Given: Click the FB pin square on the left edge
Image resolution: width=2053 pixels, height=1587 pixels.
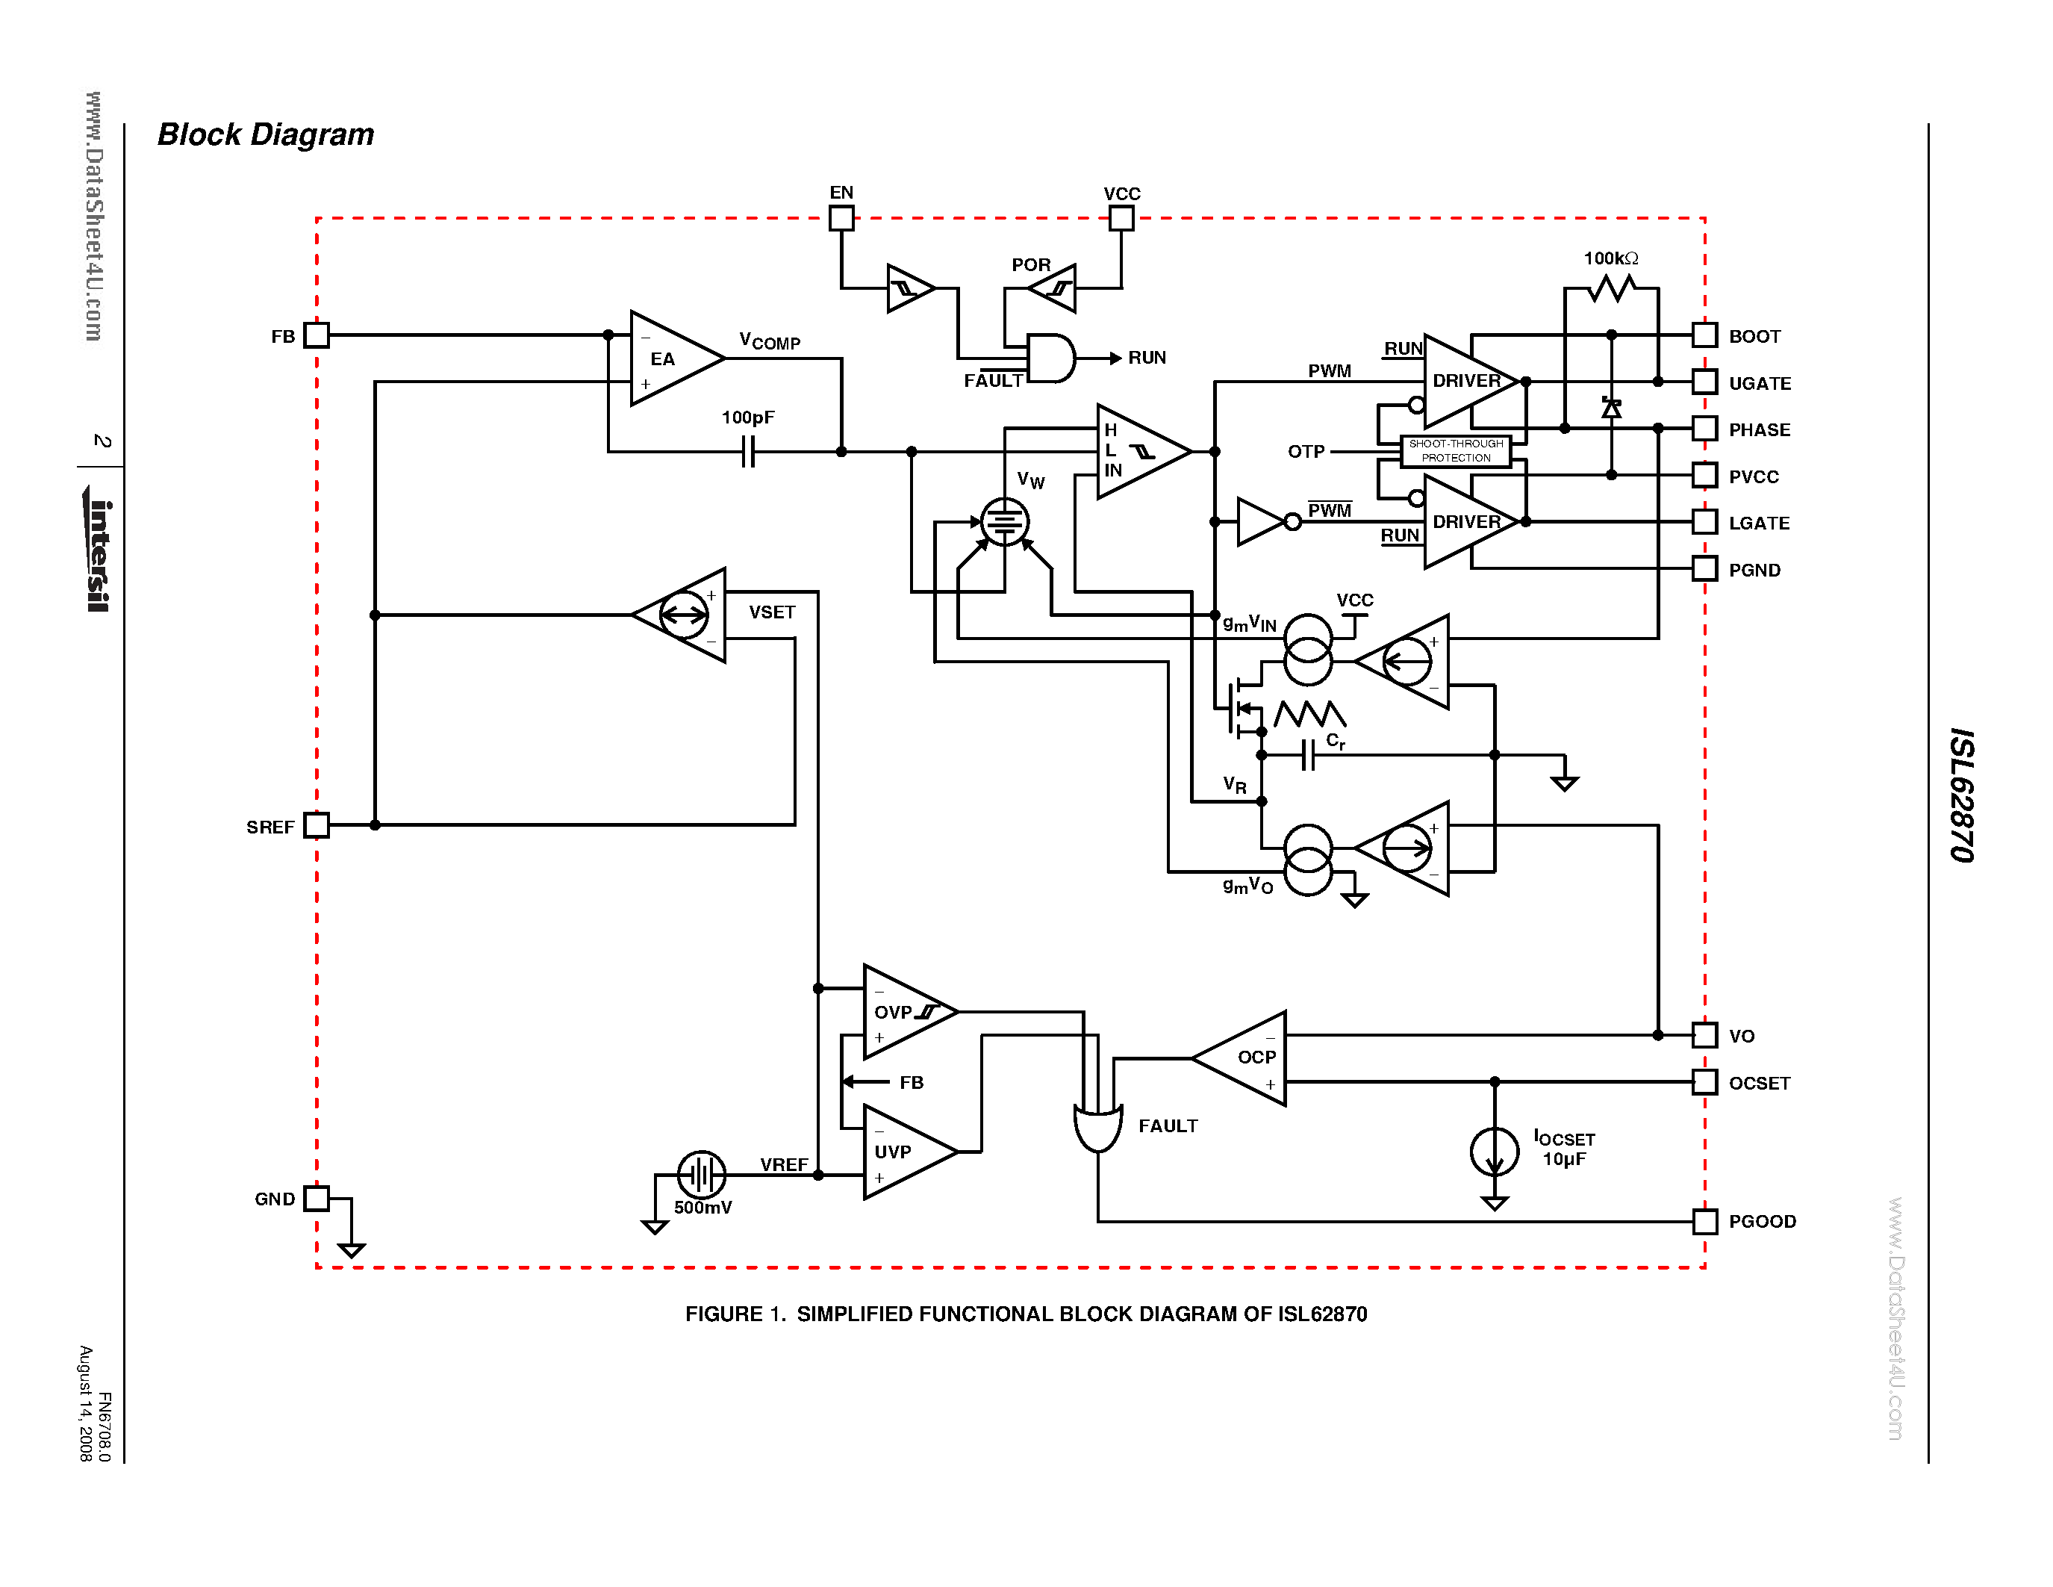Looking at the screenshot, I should pyautogui.click(x=317, y=335).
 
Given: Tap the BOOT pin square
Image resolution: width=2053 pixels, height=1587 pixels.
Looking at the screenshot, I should pyautogui.click(x=1704, y=335).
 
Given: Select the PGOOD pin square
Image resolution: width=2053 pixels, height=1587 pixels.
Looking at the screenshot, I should pyautogui.click(x=1704, y=1221).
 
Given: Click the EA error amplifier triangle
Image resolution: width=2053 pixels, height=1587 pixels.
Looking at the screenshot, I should pyautogui.click(x=670, y=358).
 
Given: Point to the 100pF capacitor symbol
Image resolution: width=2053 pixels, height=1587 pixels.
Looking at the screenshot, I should pyautogui.click(x=748, y=453).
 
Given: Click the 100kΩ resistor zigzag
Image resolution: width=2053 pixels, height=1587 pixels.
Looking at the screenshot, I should pyautogui.click(x=1611, y=288).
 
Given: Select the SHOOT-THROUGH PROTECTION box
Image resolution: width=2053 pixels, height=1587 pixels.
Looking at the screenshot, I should pyautogui.click(x=1455, y=451).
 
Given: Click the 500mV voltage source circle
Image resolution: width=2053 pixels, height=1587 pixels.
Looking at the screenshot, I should pyautogui.click(x=701, y=1174).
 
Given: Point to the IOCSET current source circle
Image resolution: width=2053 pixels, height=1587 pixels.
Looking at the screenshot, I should pyautogui.click(x=1494, y=1152).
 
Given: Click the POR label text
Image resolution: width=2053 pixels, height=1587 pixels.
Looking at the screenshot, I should pyautogui.click(x=1030, y=265).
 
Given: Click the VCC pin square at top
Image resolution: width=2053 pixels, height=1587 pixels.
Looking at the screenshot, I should pyautogui.click(x=1121, y=218).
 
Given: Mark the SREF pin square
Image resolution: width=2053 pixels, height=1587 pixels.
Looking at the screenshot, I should pyautogui.click(x=317, y=824).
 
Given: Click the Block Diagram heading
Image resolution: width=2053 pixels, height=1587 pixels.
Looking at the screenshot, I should pyautogui.click(x=265, y=134).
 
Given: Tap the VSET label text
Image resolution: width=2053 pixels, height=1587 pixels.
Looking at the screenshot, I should pyautogui.click(x=772, y=612).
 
